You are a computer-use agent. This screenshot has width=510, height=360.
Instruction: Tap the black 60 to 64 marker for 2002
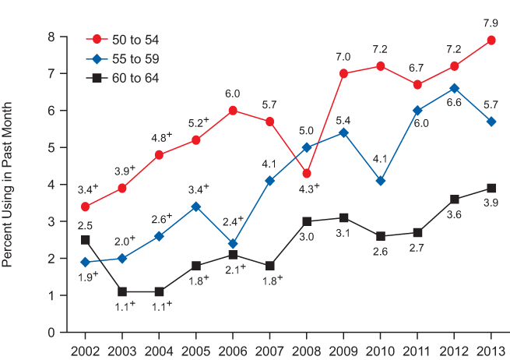coord(86,240)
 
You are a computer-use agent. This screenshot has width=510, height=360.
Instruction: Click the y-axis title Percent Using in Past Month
coord(9,185)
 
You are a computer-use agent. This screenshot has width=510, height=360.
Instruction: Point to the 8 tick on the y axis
coord(51,37)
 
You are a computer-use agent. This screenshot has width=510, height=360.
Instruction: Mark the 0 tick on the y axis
coord(51,332)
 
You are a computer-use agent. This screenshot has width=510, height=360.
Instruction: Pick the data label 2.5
coord(85,225)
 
